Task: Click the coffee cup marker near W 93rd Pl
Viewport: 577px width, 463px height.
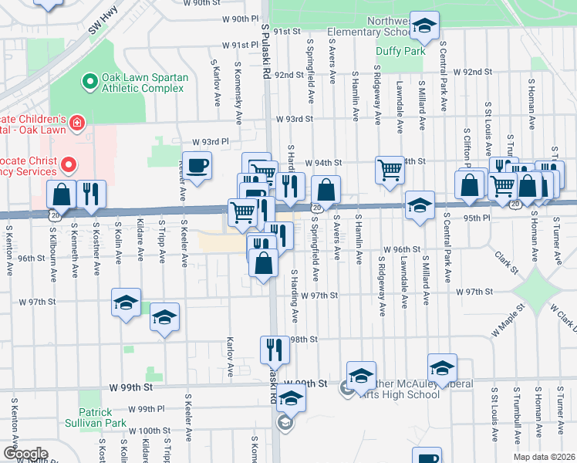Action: pos(198,166)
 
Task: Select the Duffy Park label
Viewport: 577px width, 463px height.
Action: pos(400,51)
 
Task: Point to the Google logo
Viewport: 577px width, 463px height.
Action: pos(25,454)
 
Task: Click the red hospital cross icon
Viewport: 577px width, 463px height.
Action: pos(76,123)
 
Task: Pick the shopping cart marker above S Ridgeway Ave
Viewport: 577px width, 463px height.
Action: pos(390,169)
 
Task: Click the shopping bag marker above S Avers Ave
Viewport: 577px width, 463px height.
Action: pos(326,189)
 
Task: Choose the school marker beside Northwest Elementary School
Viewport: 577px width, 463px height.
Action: pos(423,26)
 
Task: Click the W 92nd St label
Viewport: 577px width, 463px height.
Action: pos(472,72)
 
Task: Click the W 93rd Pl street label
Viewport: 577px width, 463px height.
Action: pos(210,143)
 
